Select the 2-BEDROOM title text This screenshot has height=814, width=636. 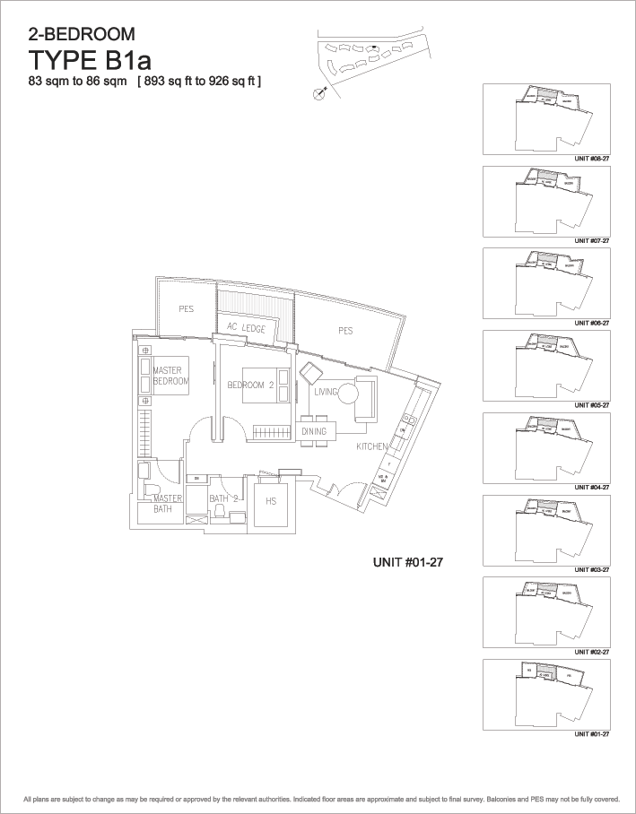[83, 35]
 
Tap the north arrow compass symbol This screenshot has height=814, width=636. [318, 92]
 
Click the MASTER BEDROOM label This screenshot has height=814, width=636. [170, 376]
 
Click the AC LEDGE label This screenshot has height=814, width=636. [246, 329]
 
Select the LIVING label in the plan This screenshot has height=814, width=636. [326, 393]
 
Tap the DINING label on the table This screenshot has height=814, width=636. [314, 432]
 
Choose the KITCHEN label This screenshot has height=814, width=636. [372, 446]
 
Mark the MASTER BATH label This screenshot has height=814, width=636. [168, 504]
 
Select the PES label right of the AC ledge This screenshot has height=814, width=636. [345, 331]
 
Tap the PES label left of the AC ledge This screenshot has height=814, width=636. [186, 309]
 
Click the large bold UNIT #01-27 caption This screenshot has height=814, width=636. [409, 563]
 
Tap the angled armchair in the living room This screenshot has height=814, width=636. [310, 373]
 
